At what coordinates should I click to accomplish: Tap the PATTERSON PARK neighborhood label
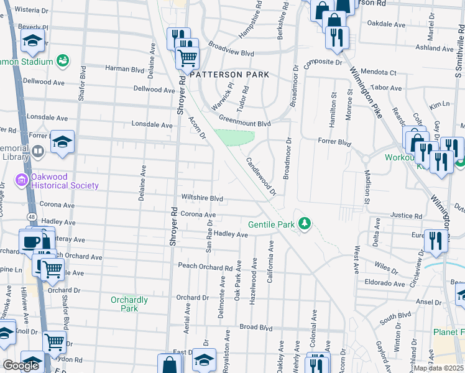(229, 75)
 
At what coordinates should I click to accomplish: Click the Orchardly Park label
(129, 304)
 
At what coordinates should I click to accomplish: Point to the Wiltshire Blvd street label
(201, 198)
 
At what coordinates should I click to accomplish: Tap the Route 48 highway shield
(30, 216)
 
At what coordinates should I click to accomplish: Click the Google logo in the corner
(21, 366)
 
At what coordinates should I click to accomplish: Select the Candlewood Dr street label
(261, 175)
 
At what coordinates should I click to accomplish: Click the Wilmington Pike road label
(371, 93)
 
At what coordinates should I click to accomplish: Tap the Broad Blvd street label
(256, 327)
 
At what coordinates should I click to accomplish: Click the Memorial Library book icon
(37, 151)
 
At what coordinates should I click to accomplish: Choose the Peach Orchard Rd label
(205, 267)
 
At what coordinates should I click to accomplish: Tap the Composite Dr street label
(323, 63)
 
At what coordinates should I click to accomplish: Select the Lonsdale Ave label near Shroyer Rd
(152, 125)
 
